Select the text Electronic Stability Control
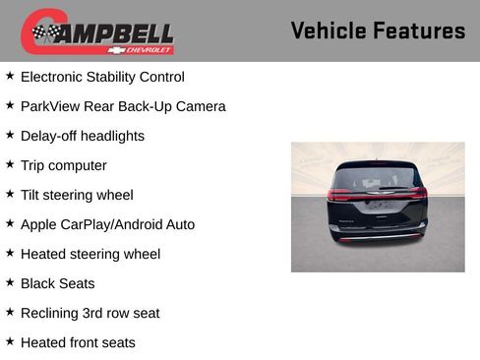(x=102, y=77)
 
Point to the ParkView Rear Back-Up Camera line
(x=123, y=106)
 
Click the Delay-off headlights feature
(x=83, y=136)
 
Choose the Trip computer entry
(x=64, y=165)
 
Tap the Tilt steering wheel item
(x=77, y=195)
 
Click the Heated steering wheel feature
(x=90, y=254)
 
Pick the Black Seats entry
(x=58, y=283)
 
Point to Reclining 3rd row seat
(x=90, y=313)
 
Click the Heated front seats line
(x=78, y=342)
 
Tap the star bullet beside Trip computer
(x=10, y=164)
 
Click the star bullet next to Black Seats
(x=10, y=282)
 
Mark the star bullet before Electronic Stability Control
(x=10, y=76)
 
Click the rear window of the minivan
(x=377, y=179)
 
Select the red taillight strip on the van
(x=377, y=195)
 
